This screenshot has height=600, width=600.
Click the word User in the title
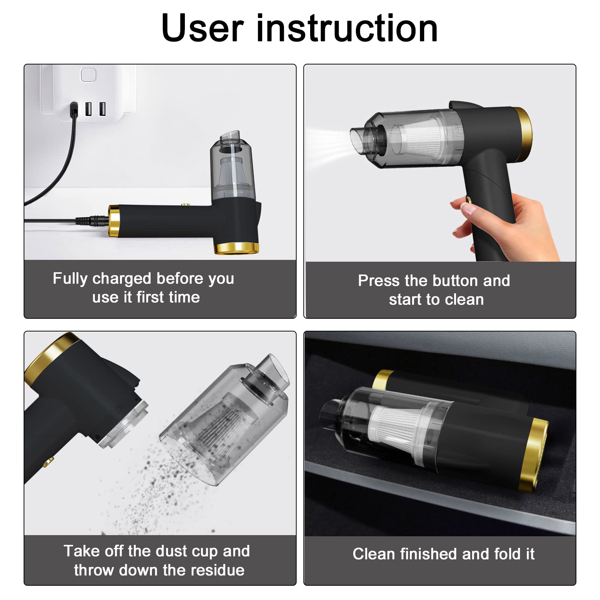(203, 28)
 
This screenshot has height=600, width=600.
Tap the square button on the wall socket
(88, 75)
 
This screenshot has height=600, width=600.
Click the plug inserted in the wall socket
(74, 109)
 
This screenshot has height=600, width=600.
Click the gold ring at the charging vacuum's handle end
(114, 221)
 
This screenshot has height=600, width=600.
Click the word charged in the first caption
(121, 279)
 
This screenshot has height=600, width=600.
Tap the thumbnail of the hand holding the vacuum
(440, 163)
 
